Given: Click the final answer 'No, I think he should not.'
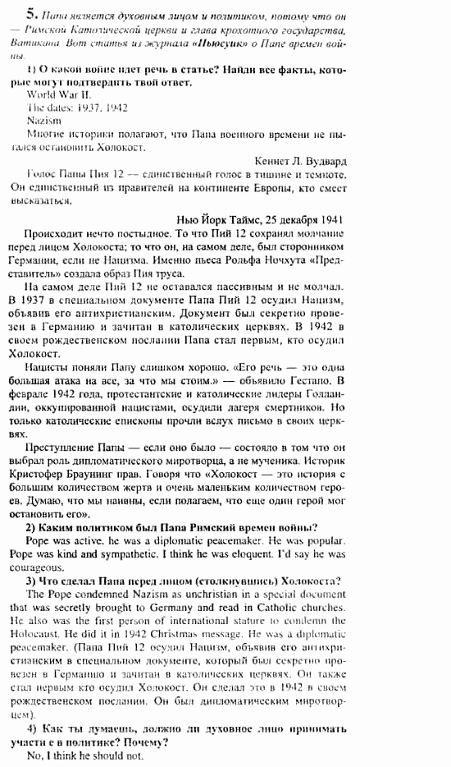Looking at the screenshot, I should tap(82, 755).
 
